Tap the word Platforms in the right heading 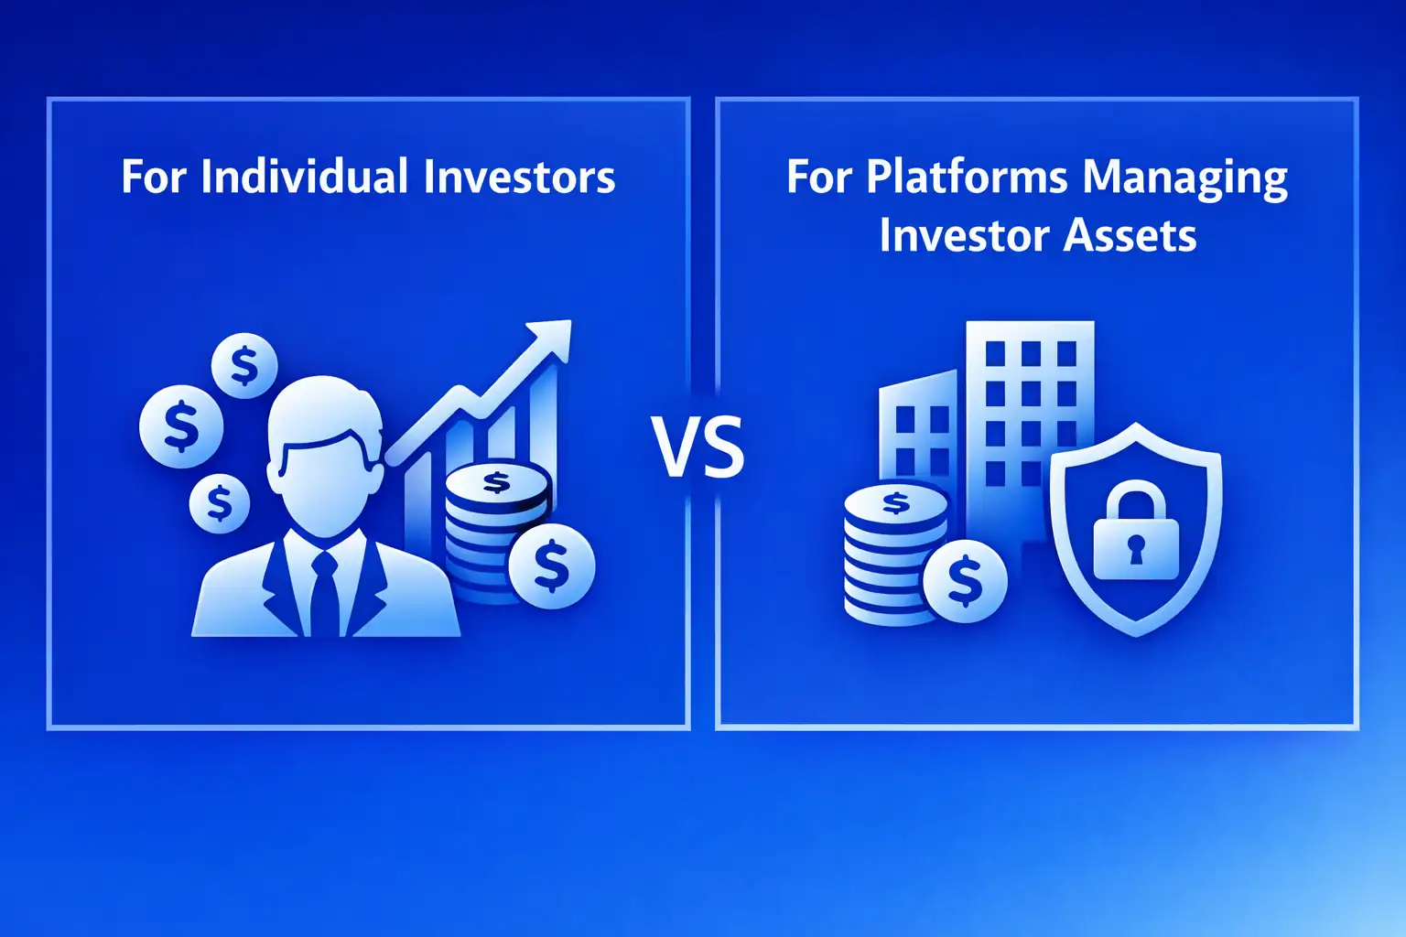click(x=967, y=177)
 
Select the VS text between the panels click(x=698, y=447)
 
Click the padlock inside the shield click(x=1136, y=535)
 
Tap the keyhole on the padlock click(x=1136, y=549)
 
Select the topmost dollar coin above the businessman click(x=244, y=365)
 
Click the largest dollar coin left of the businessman click(x=181, y=426)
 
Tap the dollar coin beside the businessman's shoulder click(x=220, y=503)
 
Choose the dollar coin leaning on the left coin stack click(x=551, y=565)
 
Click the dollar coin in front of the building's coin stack click(x=965, y=580)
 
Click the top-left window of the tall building click(x=995, y=353)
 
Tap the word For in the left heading click(x=154, y=177)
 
